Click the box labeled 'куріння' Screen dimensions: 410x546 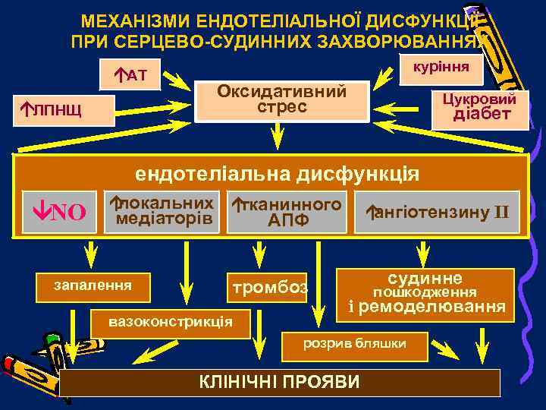(x=439, y=67)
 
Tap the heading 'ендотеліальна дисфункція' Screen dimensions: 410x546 (x=277, y=174)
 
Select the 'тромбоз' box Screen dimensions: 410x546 (x=269, y=288)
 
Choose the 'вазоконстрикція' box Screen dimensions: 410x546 (x=170, y=321)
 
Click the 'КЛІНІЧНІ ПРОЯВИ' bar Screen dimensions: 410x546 (x=280, y=382)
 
